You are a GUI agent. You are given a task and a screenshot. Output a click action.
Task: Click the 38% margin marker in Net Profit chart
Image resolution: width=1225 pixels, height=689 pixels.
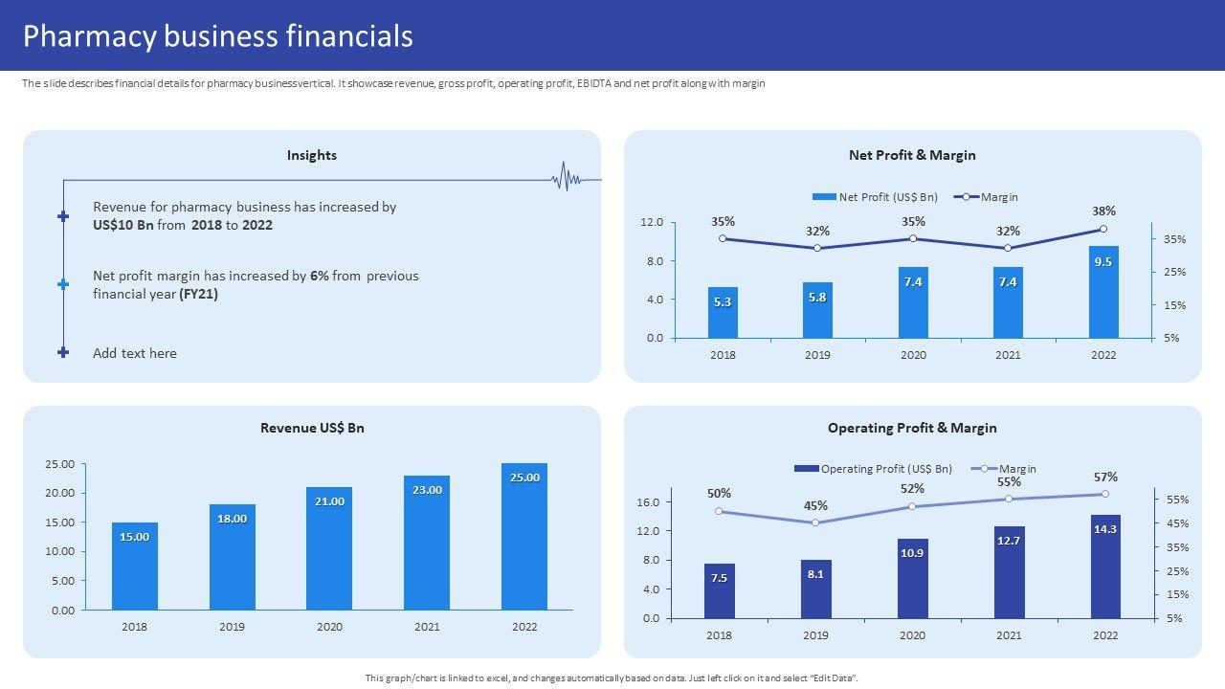pos(1102,229)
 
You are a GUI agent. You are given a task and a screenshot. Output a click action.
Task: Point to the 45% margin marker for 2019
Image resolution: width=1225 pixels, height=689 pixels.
pos(815,522)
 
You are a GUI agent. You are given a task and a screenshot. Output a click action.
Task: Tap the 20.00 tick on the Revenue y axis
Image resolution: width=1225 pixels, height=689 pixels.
pos(59,493)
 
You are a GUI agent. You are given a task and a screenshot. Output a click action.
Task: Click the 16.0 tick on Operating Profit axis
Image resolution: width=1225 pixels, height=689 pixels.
pos(648,502)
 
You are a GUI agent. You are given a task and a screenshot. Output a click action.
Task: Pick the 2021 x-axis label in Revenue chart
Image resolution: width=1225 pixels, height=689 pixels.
pos(427,627)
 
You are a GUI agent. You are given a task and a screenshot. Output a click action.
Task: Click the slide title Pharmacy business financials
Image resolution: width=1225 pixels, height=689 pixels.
pos(218,35)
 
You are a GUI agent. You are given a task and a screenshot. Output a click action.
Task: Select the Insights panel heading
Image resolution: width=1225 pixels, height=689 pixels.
pos(312,155)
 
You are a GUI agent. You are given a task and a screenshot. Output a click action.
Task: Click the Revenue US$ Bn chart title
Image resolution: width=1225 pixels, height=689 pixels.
pos(312,428)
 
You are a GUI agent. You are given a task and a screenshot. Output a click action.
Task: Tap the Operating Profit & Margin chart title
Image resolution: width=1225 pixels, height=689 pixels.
pos(912,428)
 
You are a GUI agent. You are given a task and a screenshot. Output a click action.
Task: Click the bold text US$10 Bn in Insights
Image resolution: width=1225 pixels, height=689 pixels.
pos(123,225)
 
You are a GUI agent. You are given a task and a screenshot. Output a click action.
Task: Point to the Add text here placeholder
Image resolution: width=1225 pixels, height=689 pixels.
pos(135,353)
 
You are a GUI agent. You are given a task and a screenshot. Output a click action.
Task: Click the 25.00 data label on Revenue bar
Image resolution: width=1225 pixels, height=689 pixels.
pos(524,478)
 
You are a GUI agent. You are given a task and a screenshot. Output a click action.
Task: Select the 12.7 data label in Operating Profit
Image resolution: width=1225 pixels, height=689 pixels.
pos(1009,541)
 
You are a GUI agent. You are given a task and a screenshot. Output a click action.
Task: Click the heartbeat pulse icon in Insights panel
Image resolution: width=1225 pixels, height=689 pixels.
pos(567,179)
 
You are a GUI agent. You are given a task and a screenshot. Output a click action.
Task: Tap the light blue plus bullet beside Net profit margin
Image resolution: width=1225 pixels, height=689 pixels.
pos(63,284)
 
